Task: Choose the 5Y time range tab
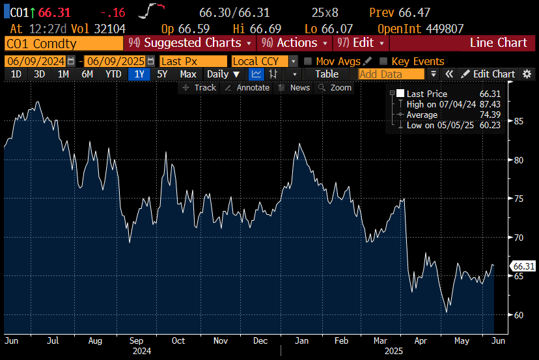(162, 74)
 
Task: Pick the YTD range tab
(113, 74)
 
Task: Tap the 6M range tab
(87, 74)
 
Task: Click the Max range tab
(188, 74)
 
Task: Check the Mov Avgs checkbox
(308, 61)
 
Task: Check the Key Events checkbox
(383, 61)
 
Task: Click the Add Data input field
(390, 74)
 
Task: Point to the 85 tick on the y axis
(519, 121)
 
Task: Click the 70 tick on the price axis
(519, 238)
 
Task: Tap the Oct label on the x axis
(178, 340)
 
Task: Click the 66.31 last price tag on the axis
(523, 266)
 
